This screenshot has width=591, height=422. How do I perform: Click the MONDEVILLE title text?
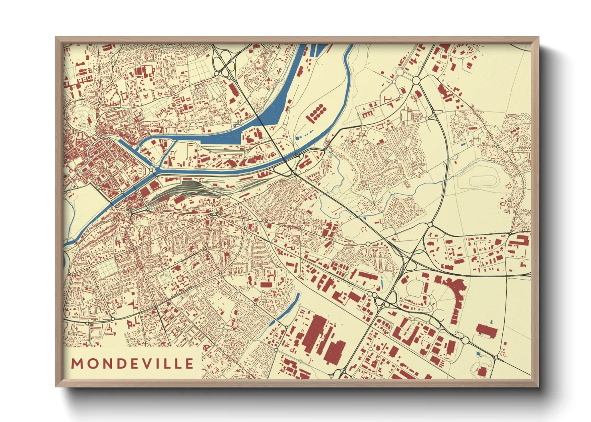point(132,363)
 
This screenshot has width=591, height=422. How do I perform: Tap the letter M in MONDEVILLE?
point(77,363)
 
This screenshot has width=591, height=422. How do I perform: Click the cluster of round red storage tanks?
point(316,112)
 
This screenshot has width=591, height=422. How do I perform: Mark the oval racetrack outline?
point(484,180)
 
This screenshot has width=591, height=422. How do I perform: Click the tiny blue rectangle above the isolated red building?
point(491,321)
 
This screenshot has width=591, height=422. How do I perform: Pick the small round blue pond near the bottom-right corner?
point(479,354)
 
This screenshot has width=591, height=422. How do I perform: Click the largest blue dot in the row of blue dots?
point(298,138)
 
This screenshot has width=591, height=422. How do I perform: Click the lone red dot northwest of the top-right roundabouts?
point(383,73)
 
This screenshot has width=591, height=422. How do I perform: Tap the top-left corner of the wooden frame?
point(57,38)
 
